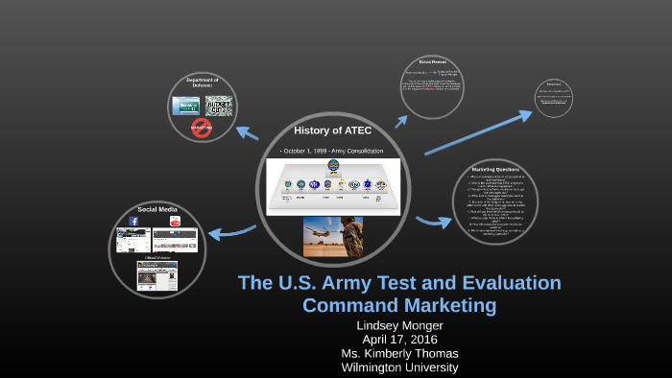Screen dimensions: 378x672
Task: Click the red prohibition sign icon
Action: coord(202,128)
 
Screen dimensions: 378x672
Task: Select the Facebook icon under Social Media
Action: coord(133,221)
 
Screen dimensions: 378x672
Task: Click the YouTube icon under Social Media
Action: coord(175,221)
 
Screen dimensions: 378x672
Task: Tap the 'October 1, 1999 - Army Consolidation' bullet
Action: coord(332,152)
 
